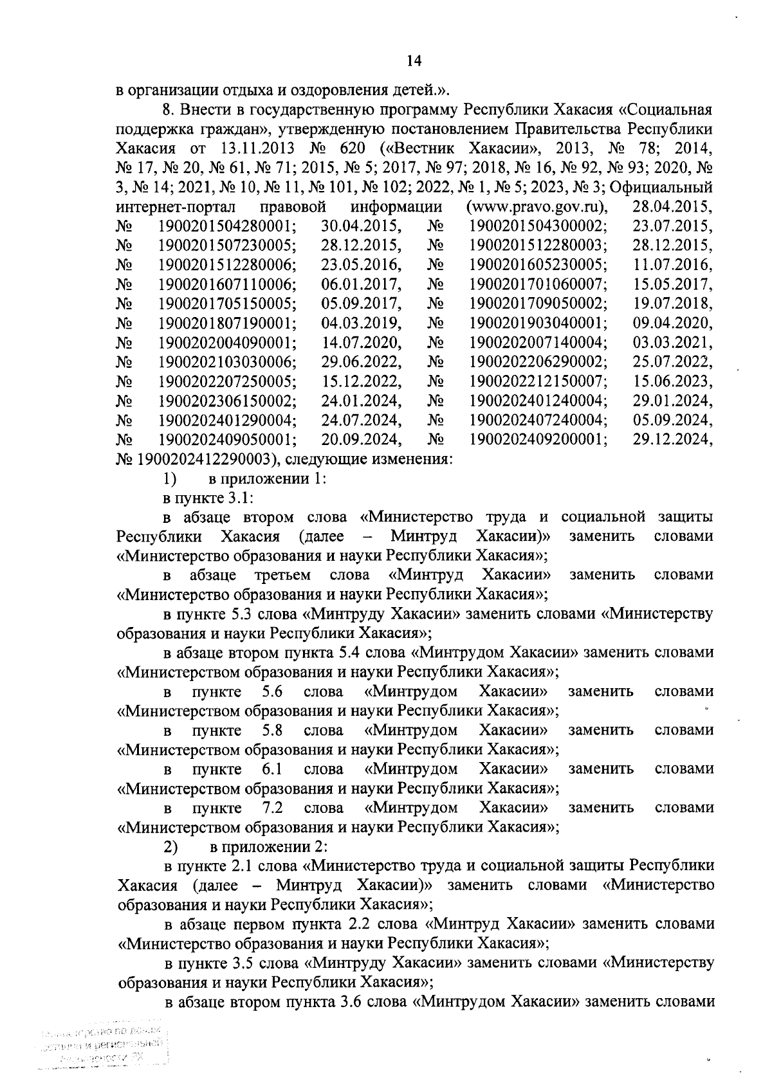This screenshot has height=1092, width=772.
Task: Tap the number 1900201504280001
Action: (x=227, y=226)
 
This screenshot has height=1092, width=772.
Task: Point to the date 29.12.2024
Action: (x=672, y=439)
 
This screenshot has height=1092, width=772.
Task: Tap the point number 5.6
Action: (x=273, y=692)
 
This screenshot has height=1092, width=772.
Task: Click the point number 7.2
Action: (x=273, y=808)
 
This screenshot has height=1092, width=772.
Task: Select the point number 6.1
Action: (x=273, y=769)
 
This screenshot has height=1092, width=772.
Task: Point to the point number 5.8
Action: (x=273, y=731)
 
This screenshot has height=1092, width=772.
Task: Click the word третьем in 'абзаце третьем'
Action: (x=282, y=574)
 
